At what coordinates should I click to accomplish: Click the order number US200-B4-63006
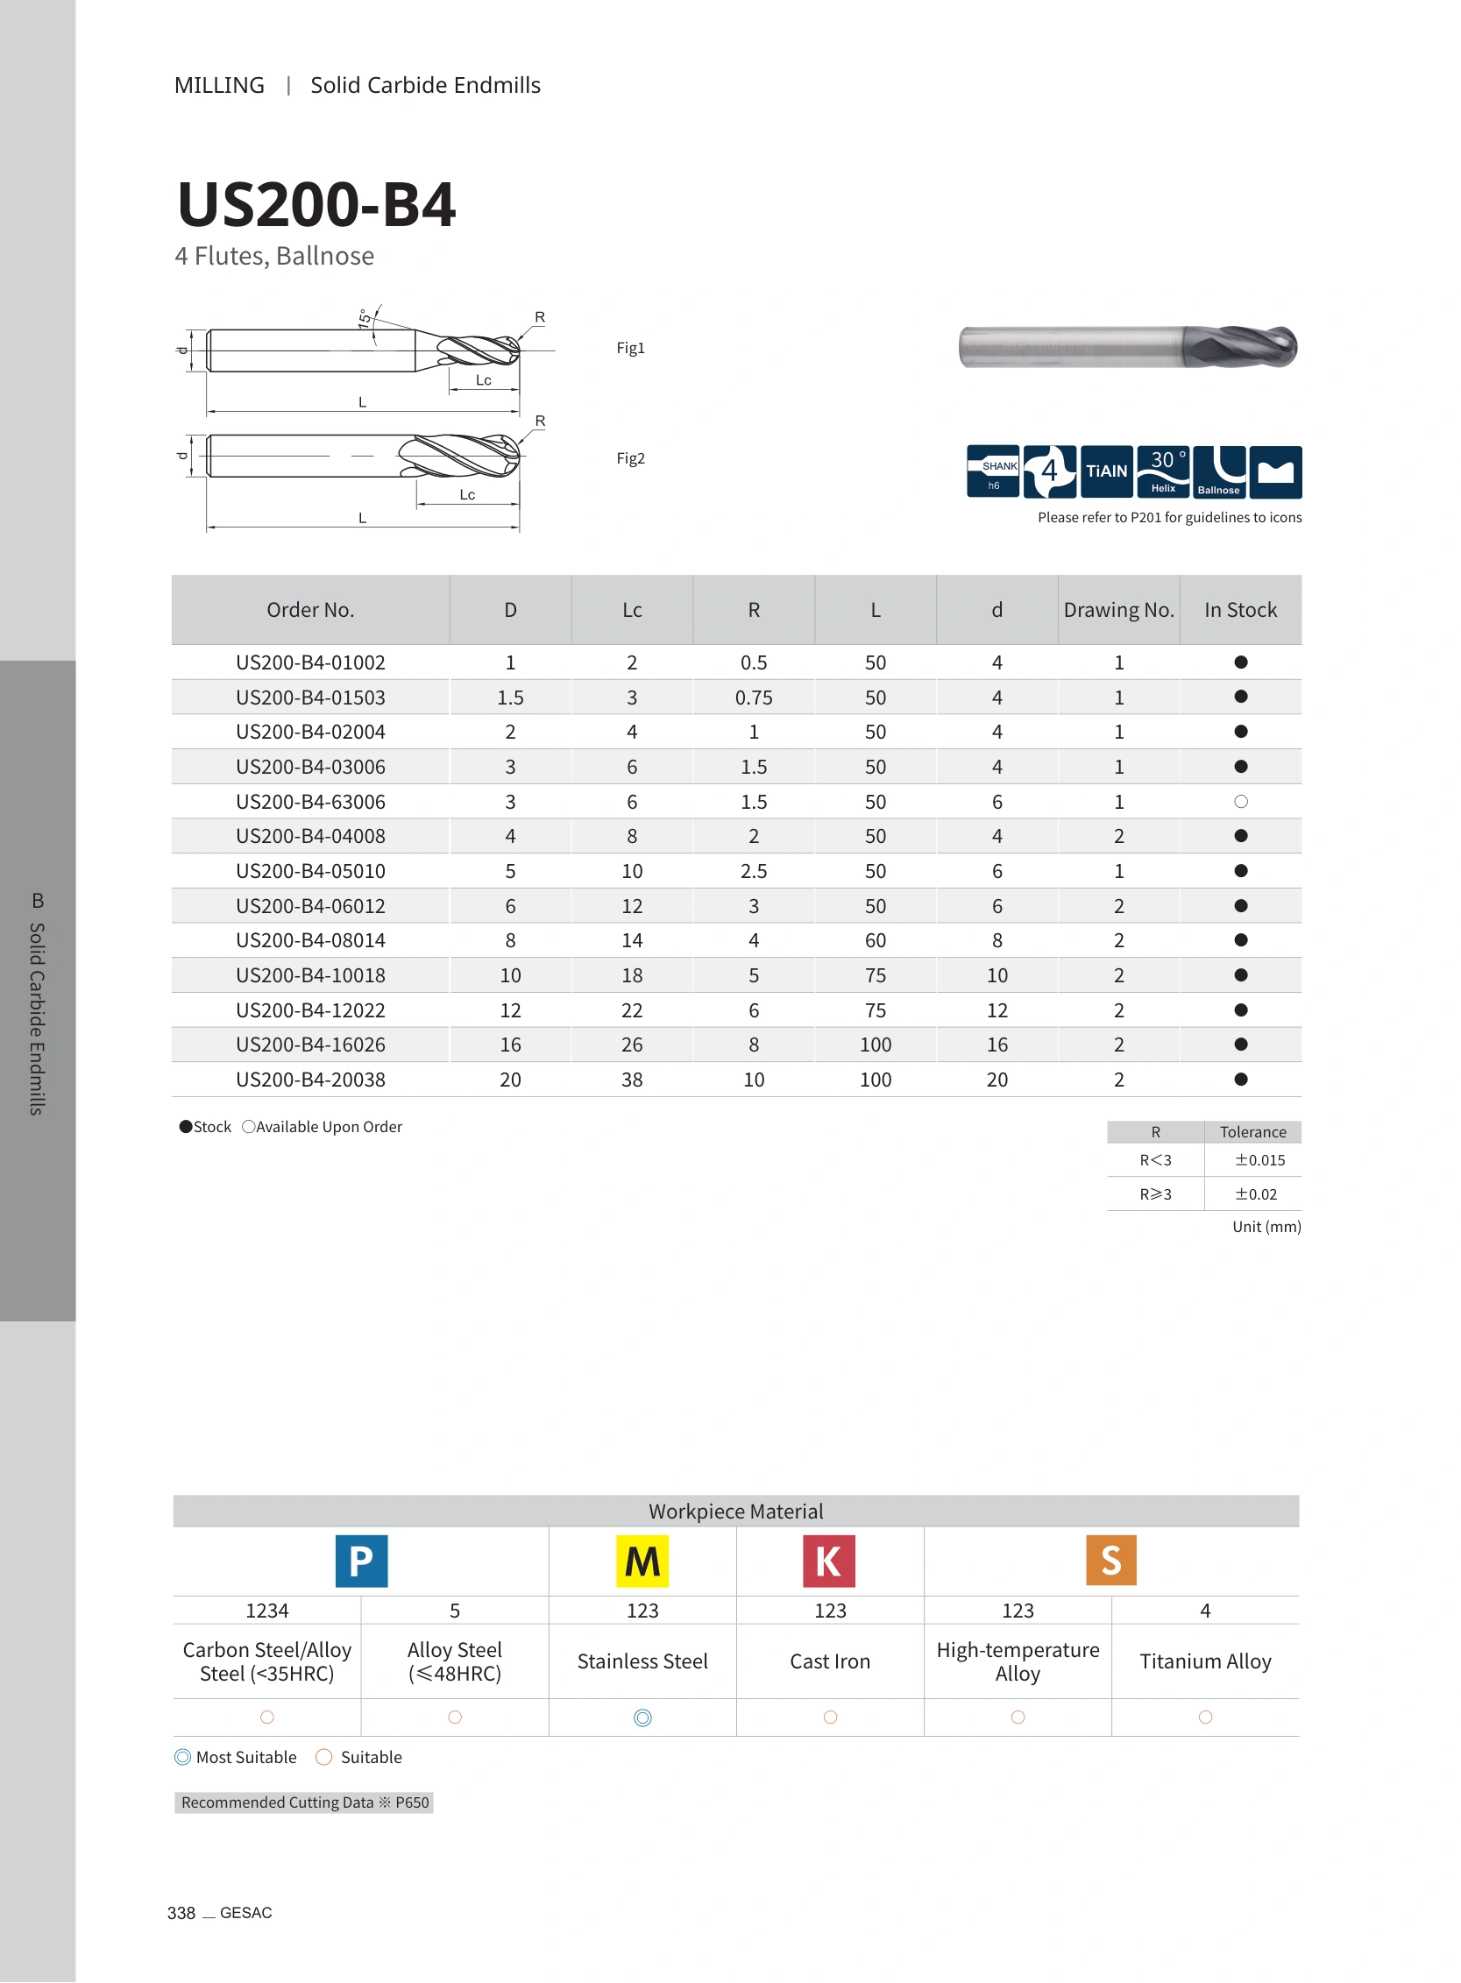[310, 802]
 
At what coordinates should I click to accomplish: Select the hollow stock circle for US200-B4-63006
[1241, 802]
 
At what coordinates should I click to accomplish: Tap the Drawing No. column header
[1118, 610]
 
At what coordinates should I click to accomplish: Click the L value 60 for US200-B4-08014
[876, 940]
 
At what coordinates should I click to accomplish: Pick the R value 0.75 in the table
[754, 698]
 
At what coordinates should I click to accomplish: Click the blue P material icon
[362, 1562]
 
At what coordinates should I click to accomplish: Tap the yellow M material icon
[642, 1562]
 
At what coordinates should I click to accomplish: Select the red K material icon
[830, 1562]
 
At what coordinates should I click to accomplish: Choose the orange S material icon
[1111, 1562]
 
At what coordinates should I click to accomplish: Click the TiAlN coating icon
[1106, 471]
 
